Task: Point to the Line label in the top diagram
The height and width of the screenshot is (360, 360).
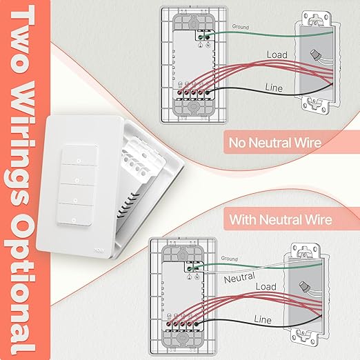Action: click(x=274, y=88)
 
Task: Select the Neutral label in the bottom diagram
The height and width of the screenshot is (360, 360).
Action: click(x=241, y=279)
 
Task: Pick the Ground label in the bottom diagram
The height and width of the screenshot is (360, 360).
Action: click(x=229, y=259)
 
